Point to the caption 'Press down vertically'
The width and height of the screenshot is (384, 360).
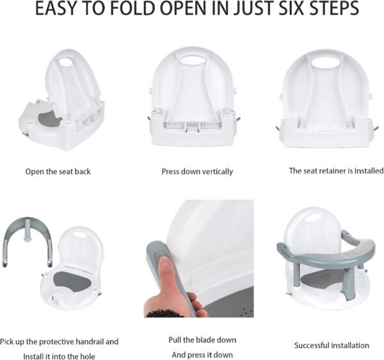(196, 172)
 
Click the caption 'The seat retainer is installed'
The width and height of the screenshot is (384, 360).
(336, 171)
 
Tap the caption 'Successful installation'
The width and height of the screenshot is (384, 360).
(331, 345)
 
